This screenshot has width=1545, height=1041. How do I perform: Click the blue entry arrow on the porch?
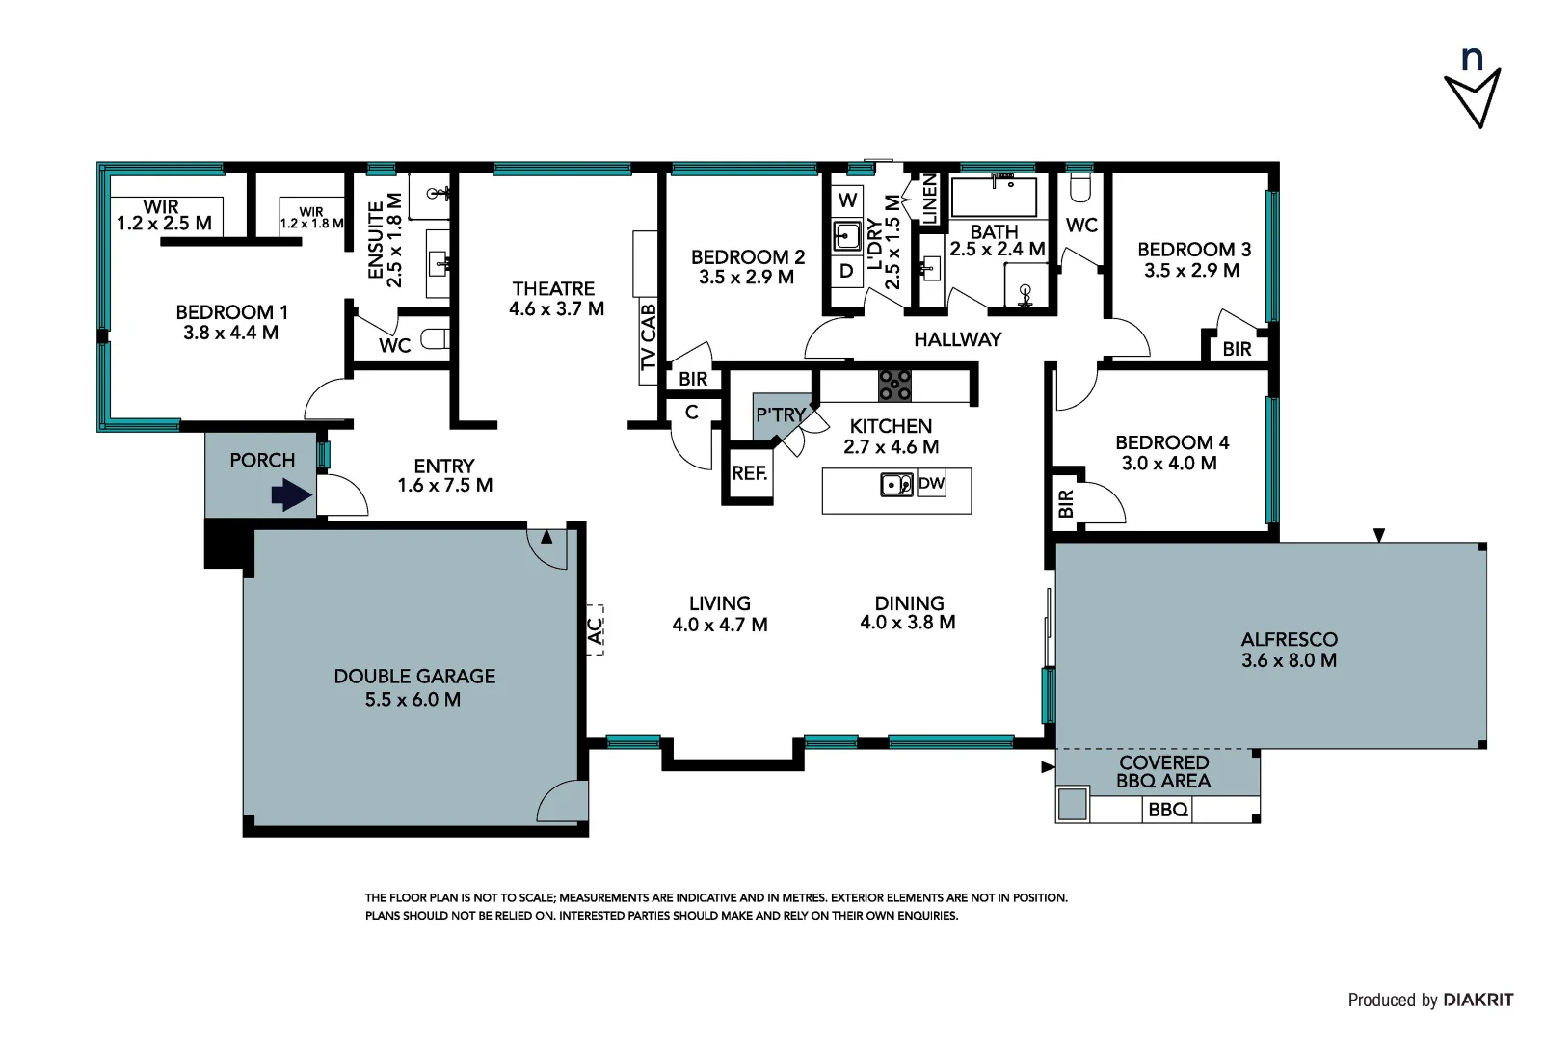(x=291, y=495)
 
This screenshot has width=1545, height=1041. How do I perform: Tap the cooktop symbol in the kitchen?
(x=894, y=386)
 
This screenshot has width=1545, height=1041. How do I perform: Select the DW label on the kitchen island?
(x=931, y=483)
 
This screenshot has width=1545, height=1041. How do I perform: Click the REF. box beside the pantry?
(x=750, y=472)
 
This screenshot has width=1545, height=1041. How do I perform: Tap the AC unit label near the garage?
(x=595, y=629)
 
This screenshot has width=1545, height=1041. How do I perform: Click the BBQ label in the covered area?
(x=1168, y=810)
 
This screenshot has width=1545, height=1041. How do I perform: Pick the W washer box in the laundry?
(x=848, y=200)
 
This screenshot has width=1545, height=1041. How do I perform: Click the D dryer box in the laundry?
(x=847, y=271)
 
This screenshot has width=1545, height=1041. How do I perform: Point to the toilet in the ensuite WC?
(x=435, y=338)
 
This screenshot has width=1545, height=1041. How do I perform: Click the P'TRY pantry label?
(x=781, y=414)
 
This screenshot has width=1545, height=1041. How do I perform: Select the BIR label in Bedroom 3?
(x=1237, y=349)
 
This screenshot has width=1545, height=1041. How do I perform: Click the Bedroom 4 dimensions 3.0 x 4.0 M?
(x=1169, y=463)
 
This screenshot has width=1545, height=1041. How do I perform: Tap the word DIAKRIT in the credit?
(x=1478, y=1000)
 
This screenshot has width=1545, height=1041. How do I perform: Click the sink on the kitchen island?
(x=897, y=485)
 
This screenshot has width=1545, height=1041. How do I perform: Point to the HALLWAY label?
(x=957, y=339)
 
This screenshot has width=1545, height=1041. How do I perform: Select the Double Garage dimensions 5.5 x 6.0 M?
(x=413, y=700)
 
